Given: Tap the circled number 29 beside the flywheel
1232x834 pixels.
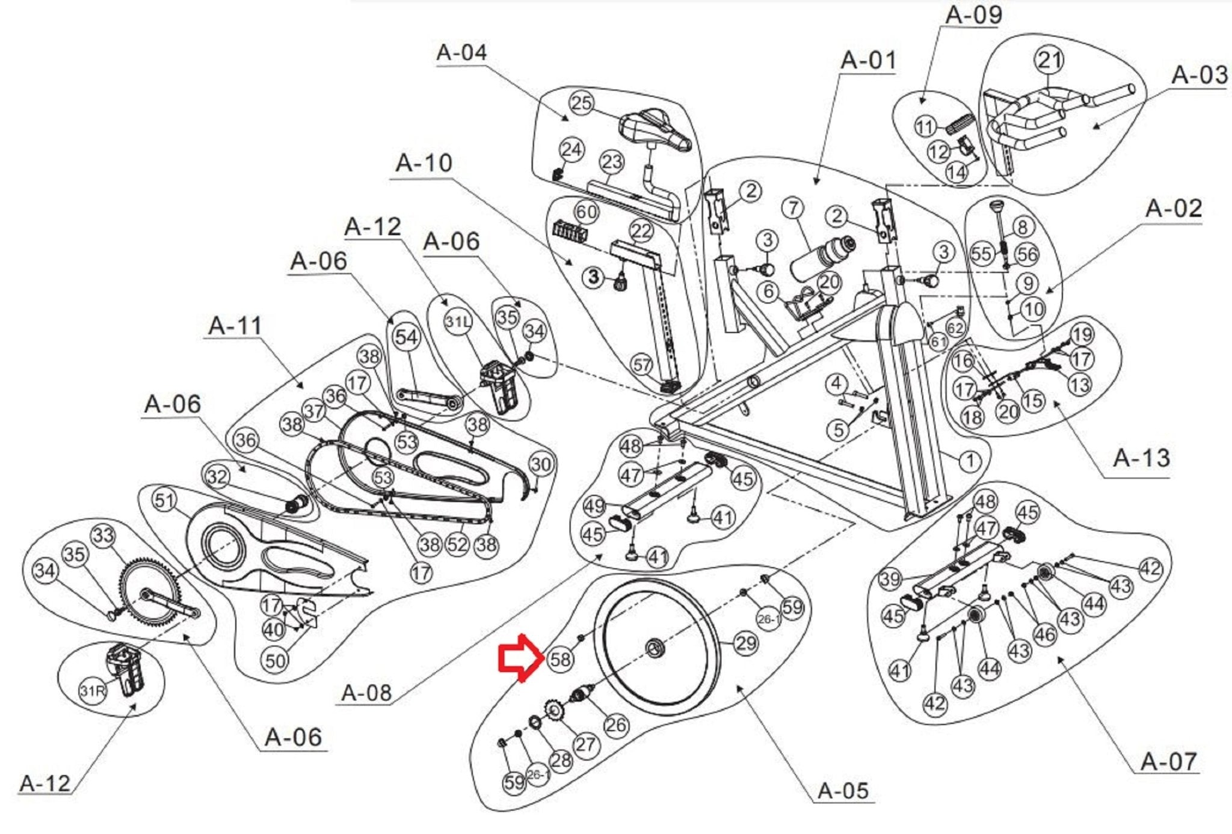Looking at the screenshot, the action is click(746, 643).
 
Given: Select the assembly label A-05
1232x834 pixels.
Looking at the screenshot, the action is click(843, 790).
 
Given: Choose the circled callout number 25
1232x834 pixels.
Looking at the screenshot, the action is click(581, 103).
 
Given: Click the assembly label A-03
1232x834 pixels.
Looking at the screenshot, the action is click(1200, 75).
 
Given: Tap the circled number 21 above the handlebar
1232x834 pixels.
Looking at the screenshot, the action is click(1050, 60).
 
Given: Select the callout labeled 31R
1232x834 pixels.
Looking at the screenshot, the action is click(92, 691).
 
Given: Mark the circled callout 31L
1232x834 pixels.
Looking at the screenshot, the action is click(458, 322).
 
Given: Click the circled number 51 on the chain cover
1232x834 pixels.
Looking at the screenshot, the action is click(164, 500).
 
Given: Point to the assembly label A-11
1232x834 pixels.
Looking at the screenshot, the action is click(235, 326).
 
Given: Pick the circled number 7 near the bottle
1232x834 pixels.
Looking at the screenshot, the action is click(794, 208).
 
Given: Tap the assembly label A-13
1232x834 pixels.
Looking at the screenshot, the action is click(1141, 458).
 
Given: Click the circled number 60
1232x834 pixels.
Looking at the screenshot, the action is click(586, 212).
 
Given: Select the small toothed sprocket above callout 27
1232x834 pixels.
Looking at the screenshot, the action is click(553, 713).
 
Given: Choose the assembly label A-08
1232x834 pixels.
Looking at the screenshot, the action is click(366, 693).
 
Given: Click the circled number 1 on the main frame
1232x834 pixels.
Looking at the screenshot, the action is click(969, 461).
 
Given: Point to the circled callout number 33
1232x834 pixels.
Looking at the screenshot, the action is click(103, 535).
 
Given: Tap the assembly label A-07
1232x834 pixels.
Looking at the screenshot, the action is click(1168, 761).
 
